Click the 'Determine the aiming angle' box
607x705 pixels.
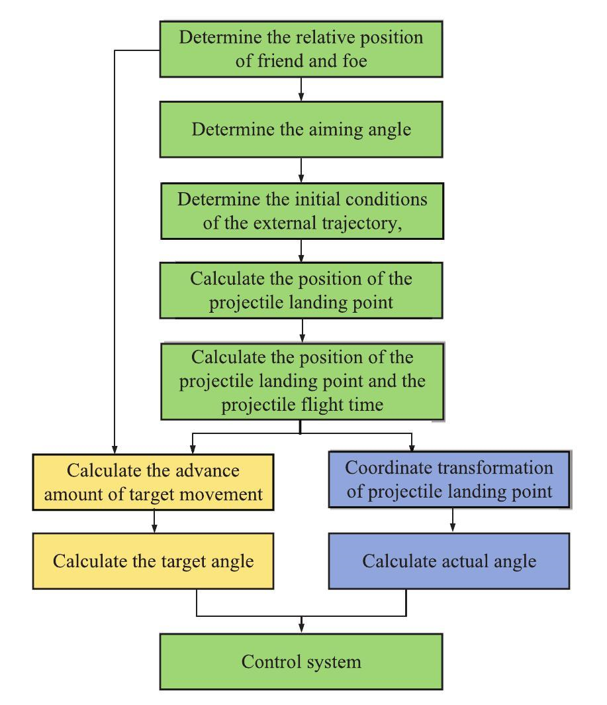[x=301, y=129]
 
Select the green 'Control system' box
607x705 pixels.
[x=301, y=661]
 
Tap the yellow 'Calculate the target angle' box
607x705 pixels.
[x=154, y=562]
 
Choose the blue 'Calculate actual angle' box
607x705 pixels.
[x=449, y=562]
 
